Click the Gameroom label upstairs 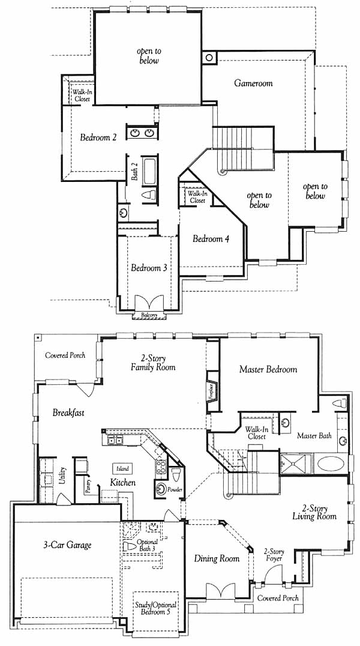point(253,83)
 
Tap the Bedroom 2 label point(98,137)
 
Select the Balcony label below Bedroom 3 point(149,315)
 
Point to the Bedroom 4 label point(211,238)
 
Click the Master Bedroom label point(268,369)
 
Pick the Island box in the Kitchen point(122,468)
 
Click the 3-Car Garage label point(67,545)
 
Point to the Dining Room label point(217,559)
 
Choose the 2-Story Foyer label point(274,555)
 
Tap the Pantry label point(88,487)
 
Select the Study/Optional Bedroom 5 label point(155,608)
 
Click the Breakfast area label point(68,412)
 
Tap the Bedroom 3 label point(149,268)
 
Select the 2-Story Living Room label point(314,512)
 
